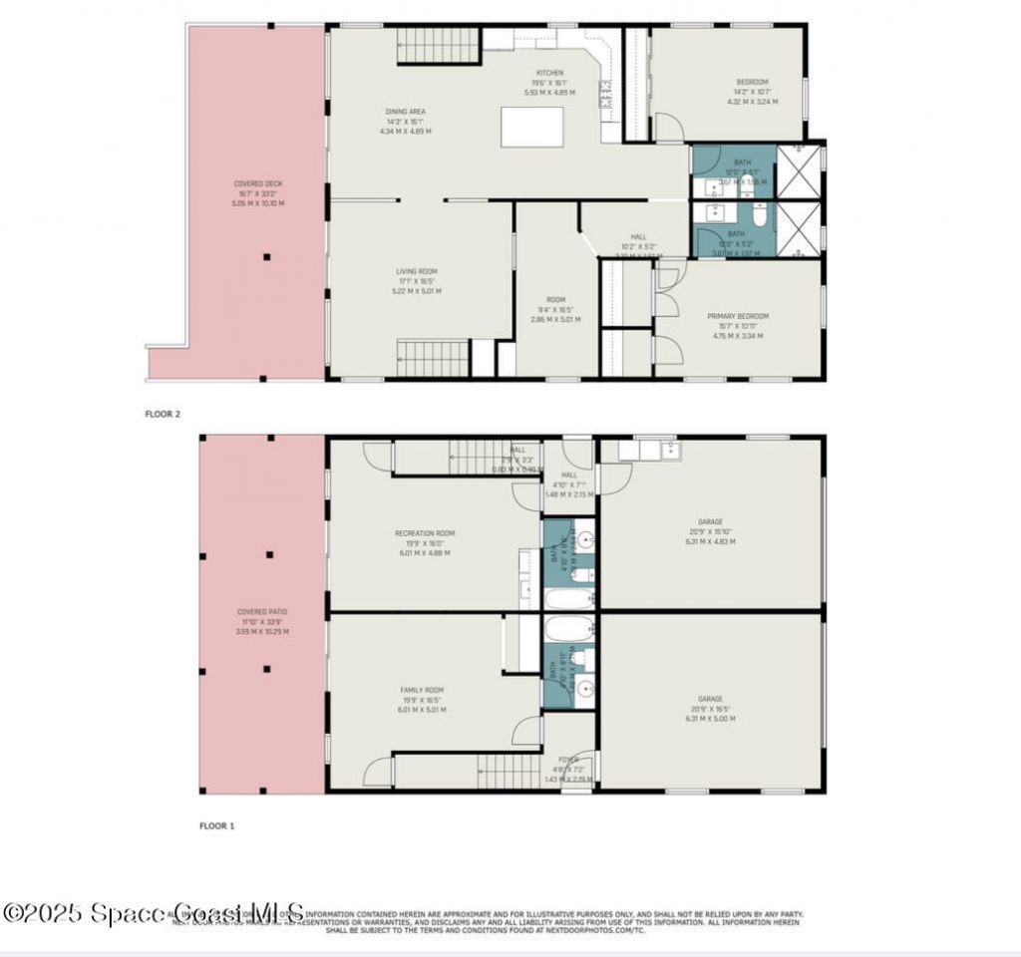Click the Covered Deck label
pyautogui.click(x=258, y=193)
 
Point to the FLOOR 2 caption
pyautogui.click(x=163, y=413)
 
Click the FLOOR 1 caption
pyautogui.click(x=216, y=825)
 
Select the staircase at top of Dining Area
pyautogui.click(x=439, y=46)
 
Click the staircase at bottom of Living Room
pyautogui.click(x=433, y=358)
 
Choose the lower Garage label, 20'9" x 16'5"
pyautogui.click(x=710, y=708)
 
